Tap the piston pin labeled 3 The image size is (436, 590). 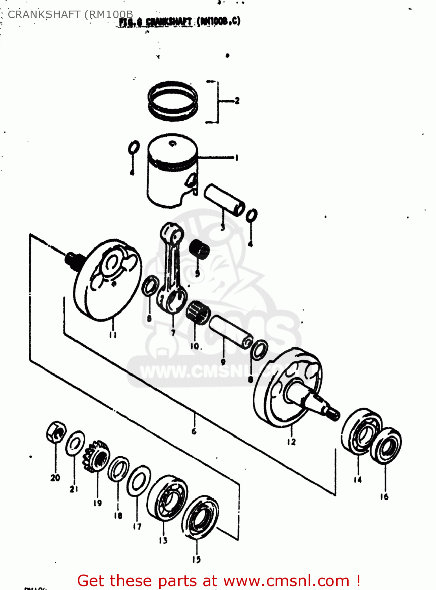click(224, 200)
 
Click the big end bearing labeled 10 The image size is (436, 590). click(198, 313)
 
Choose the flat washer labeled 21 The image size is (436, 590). click(75, 443)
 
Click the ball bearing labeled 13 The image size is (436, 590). click(167, 498)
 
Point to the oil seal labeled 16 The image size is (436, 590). click(386, 446)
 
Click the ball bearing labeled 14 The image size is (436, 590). click(361, 431)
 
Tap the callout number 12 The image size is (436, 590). click(291, 442)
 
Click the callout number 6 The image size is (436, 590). click(194, 431)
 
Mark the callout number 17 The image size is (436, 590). click(137, 526)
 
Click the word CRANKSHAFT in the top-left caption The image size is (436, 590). click(44, 15)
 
